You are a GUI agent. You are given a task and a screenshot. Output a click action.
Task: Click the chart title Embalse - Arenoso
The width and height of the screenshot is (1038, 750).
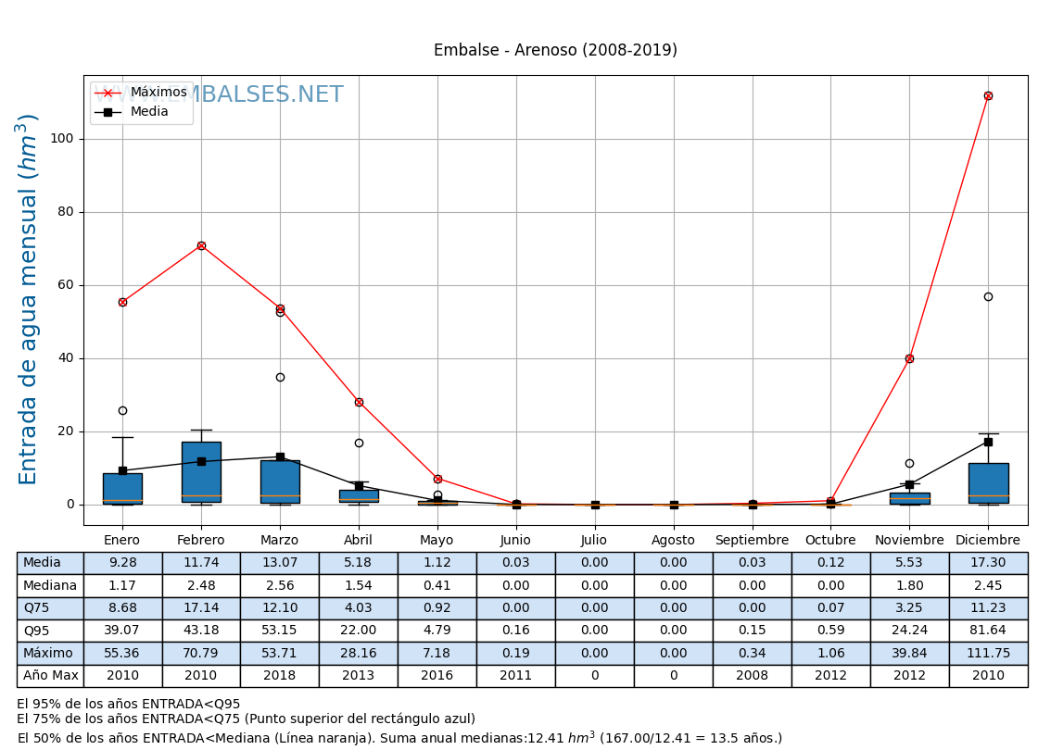point(555,50)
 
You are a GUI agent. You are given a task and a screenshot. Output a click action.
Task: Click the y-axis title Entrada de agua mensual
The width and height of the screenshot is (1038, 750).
point(29,299)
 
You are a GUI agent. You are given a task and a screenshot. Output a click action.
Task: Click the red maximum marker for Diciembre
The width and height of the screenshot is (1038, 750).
point(988,95)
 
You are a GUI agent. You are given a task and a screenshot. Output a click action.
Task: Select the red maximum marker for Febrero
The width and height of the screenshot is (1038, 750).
point(201,245)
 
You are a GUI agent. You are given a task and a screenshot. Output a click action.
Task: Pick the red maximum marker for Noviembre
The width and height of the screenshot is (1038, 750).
point(909,358)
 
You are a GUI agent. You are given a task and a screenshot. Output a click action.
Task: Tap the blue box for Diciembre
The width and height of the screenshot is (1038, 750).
point(988,482)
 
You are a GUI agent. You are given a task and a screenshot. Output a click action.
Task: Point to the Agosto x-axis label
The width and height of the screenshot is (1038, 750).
point(673,541)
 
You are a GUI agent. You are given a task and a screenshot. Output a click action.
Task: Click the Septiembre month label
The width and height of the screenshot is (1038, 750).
point(752,541)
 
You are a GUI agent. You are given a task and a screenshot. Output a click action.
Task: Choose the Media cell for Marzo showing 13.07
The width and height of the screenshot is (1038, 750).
point(279,563)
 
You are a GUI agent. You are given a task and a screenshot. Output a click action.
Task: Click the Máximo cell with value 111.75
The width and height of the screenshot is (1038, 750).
point(988,653)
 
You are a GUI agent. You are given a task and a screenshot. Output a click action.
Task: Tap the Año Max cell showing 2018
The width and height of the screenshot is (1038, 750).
point(279,676)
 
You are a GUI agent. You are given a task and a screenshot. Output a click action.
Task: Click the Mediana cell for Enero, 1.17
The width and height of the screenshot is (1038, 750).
point(122,585)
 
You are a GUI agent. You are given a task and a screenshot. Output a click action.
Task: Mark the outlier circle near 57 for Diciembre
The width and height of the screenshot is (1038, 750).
point(988,296)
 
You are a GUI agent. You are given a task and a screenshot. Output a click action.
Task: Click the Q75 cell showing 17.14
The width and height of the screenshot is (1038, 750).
point(201,608)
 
